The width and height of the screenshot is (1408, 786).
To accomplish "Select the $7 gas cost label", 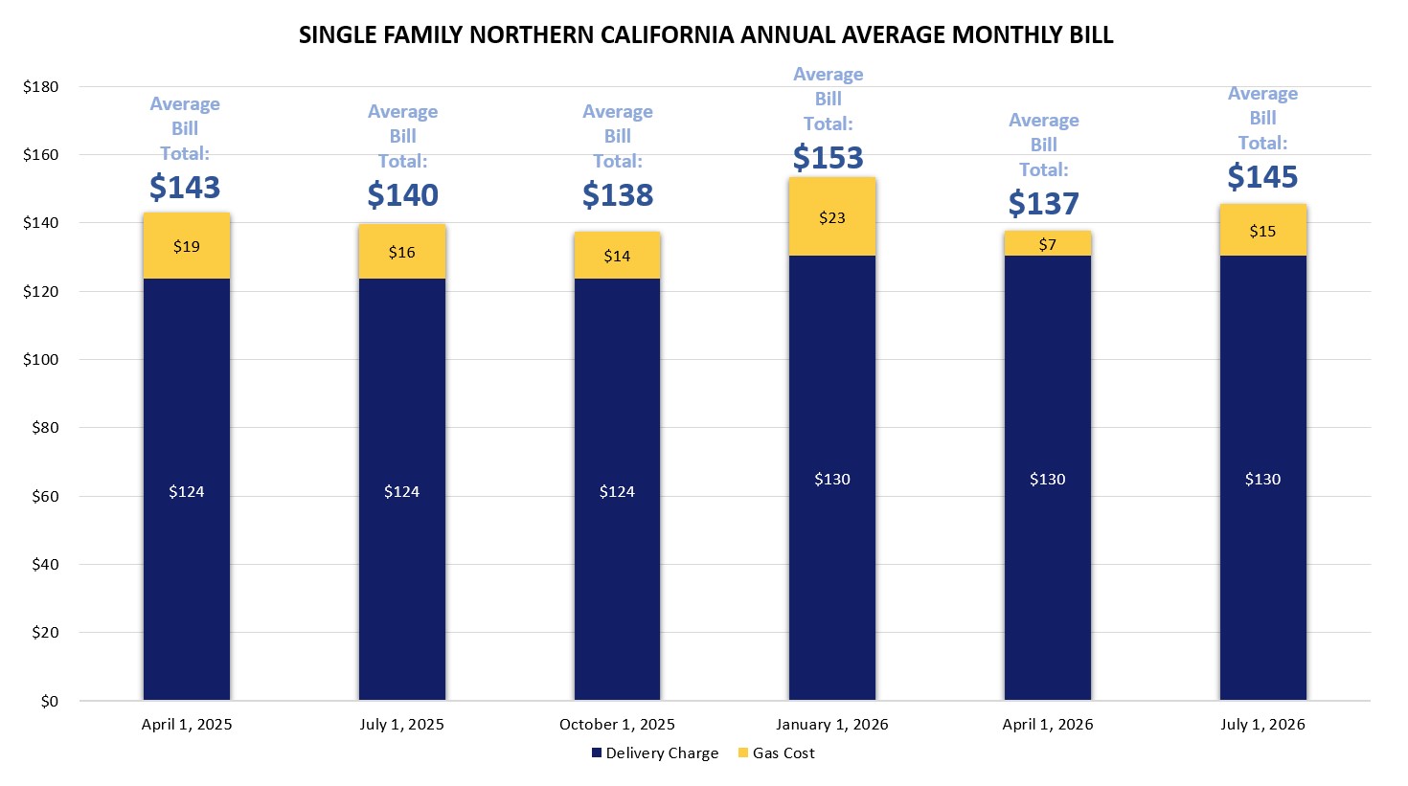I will (x=1047, y=245).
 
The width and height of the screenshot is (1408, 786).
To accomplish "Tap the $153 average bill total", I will (x=829, y=158).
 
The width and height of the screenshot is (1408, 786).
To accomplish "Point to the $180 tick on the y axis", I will (x=41, y=87).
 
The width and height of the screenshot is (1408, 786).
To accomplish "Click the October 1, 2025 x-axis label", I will (x=617, y=725).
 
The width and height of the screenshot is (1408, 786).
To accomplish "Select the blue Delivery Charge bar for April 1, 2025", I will (x=187, y=488).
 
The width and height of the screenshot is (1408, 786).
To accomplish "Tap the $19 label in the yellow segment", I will (x=187, y=247).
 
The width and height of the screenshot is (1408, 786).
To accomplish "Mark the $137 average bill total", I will (x=1044, y=204).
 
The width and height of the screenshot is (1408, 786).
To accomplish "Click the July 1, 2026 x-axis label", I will (x=1262, y=725).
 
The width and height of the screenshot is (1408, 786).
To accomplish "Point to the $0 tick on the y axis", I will (x=49, y=702).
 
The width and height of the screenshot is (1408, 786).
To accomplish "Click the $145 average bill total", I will (x=1262, y=177).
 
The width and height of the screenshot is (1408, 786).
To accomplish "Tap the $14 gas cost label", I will (x=617, y=257).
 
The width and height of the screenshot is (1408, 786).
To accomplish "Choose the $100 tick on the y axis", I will (x=41, y=360).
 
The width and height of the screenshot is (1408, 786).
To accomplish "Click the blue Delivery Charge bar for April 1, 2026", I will (x=1047, y=479).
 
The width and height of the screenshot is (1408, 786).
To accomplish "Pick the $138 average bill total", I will (x=618, y=195).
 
